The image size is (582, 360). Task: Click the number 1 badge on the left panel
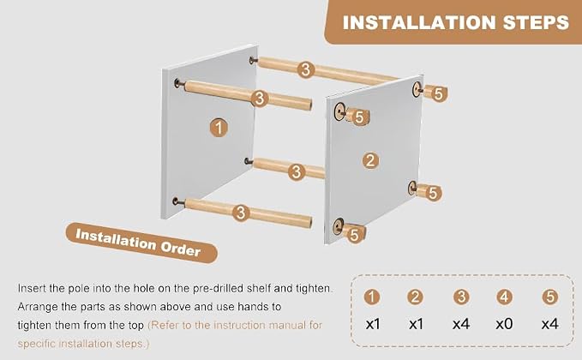click(219, 128)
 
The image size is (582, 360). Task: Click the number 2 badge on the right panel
click(370, 160)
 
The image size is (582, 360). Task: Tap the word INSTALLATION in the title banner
click(419, 22)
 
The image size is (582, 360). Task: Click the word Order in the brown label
click(180, 247)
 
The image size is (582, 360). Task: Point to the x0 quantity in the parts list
click(504, 324)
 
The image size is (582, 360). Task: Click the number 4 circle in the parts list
click(504, 297)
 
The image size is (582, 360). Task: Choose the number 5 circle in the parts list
click(550, 297)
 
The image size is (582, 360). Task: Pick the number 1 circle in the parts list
click(371, 297)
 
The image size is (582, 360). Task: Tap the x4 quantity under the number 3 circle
click(461, 324)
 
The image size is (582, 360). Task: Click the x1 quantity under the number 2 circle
click(416, 324)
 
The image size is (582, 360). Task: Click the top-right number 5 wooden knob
click(435, 93)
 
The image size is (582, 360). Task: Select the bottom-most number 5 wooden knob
click(353, 234)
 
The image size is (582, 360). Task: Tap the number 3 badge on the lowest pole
click(241, 213)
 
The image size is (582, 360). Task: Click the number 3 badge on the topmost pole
click(305, 69)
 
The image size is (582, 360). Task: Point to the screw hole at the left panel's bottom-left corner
click(177, 201)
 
